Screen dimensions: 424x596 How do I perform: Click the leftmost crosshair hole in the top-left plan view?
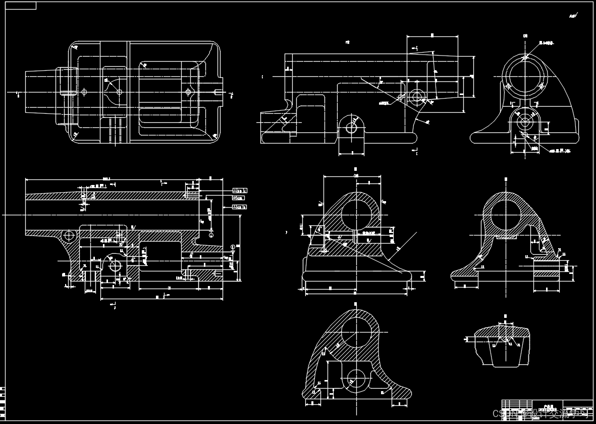point(84,92)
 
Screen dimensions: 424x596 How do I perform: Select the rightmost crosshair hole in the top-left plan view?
point(188,92)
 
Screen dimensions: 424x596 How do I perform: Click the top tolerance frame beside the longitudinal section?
point(239,191)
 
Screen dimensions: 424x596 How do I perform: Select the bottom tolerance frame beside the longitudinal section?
point(239,207)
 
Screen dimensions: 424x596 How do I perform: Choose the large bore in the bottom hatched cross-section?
point(356,333)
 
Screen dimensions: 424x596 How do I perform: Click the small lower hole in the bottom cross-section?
point(357,376)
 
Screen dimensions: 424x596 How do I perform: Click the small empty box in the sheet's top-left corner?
point(20,6)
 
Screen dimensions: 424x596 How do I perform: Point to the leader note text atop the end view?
point(546,43)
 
